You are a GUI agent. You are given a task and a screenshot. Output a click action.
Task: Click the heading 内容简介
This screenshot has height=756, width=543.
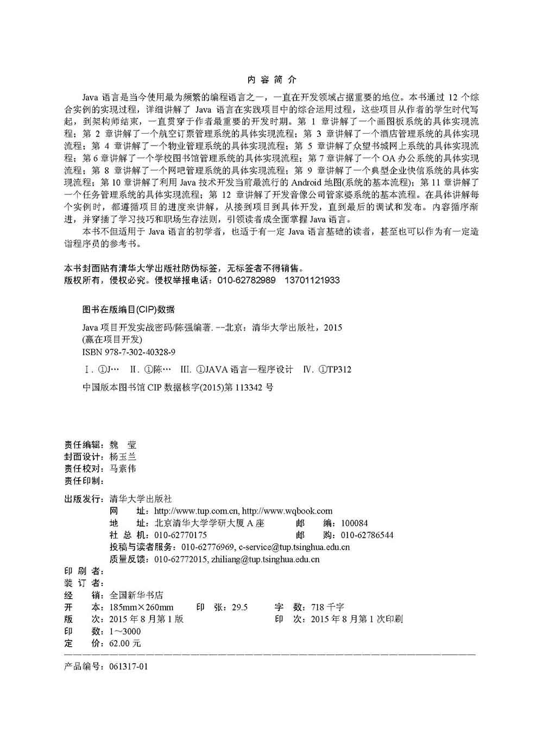(x=271, y=80)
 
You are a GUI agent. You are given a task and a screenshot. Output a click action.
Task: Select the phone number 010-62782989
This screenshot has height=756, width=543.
(x=247, y=280)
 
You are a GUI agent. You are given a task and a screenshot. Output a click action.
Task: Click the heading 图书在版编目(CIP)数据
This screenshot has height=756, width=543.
(x=128, y=310)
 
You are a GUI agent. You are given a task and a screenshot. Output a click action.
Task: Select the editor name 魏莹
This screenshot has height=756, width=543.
(x=123, y=445)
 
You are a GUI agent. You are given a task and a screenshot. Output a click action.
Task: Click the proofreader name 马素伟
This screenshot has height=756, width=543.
(x=123, y=469)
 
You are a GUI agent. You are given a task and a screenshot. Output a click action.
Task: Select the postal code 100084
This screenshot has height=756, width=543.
(x=354, y=524)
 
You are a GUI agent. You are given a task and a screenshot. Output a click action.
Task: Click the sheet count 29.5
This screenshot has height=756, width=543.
(x=239, y=607)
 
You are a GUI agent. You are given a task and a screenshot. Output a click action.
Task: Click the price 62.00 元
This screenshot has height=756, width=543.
(x=125, y=644)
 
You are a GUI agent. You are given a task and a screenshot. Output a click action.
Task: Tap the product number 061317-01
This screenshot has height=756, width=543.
(x=128, y=666)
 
